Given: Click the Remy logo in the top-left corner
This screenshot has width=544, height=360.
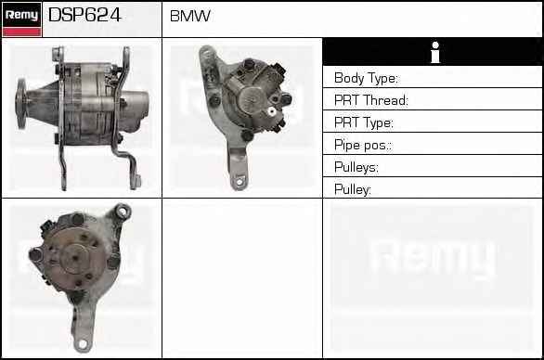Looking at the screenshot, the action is coord(22,19).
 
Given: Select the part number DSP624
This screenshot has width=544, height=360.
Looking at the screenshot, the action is coord(84,15).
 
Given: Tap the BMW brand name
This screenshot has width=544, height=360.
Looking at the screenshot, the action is coord(190,16).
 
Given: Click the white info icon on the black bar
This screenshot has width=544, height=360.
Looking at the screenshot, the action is coord(435,52).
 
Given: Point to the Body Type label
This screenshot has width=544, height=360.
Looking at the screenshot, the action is coord(366,78).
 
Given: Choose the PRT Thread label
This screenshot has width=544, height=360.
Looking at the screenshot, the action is coord(371,100).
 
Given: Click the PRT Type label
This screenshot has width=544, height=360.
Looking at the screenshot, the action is coord(364,122).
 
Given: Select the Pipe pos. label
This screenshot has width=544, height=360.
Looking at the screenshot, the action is coord(363,145).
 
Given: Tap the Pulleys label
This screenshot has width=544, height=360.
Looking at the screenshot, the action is coord(356,167).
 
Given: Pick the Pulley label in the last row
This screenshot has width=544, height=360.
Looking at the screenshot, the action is coord(353,189).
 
